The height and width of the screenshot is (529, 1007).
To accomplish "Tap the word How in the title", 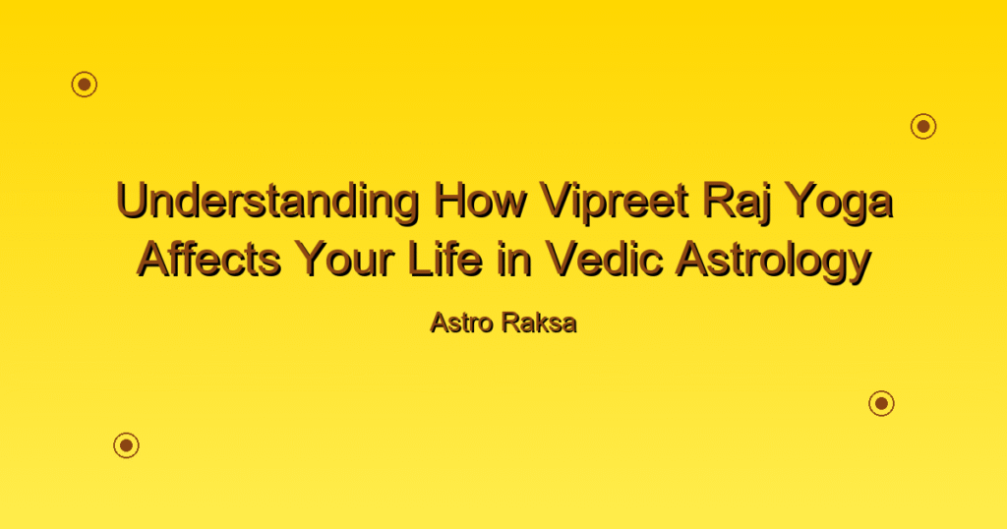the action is click(479, 201).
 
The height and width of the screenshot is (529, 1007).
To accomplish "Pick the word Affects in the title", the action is click(209, 260).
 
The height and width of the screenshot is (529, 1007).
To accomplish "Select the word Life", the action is click(444, 260).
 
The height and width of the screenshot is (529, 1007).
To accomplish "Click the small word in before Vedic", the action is click(513, 260).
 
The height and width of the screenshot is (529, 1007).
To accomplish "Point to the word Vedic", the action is click(605, 260).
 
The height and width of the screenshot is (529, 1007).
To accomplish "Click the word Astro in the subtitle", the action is click(462, 323).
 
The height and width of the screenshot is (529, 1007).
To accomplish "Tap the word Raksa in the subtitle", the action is click(540, 323).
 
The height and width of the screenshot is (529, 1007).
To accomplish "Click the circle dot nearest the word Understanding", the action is click(85, 85).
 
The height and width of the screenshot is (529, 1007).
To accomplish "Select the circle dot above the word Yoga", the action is click(923, 126).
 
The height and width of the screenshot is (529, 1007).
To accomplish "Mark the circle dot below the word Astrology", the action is click(882, 403).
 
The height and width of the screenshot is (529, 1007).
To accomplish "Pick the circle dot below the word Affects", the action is click(127, 444).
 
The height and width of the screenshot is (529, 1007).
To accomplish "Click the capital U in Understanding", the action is click(133, 201).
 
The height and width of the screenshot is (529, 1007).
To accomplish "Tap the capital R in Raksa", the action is click(511, 323).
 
